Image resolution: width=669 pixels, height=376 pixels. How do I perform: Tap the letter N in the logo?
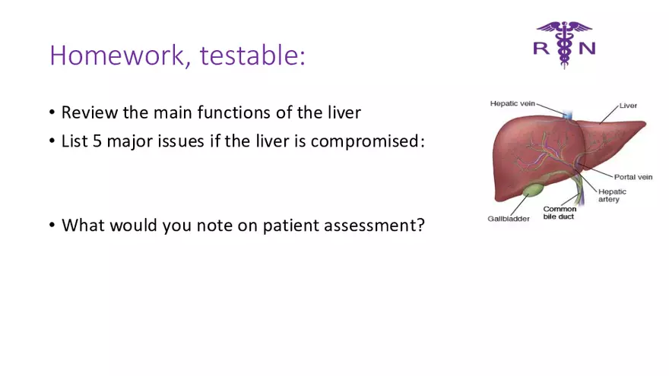(586, 48)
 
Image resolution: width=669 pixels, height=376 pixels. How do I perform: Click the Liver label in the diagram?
(628, 106)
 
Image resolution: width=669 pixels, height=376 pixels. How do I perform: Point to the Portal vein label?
(633, 177)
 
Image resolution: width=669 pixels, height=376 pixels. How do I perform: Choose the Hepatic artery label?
(613, 195)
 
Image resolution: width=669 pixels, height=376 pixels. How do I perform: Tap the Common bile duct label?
(559, 213)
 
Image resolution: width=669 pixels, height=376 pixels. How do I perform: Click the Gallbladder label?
(509, 219)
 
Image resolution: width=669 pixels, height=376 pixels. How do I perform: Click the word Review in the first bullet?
(87, 113)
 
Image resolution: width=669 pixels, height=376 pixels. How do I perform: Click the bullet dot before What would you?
(52, 226)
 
